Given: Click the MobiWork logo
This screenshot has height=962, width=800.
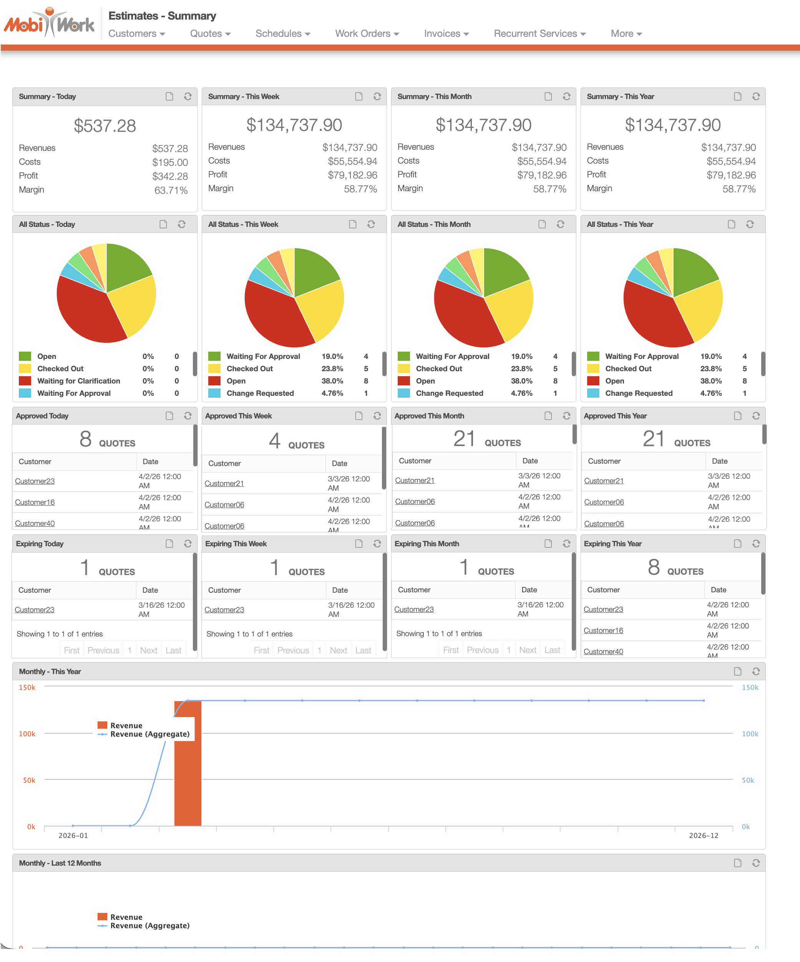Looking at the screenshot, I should click(x=49, y=23).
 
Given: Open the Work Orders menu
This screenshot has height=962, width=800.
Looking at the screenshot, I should click(x=366, y=33).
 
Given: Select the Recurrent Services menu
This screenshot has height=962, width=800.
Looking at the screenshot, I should click(x=539, y=33).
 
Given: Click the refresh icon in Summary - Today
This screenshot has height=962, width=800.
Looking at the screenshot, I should click(x=188, y=96).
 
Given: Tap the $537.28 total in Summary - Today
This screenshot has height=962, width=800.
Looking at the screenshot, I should click(x=105, y=126).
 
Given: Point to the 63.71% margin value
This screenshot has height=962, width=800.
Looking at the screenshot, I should click(x=171, y=190).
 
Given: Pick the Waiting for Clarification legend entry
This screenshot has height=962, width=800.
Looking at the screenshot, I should click(x=78, y=381).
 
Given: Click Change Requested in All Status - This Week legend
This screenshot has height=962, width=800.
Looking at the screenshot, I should click(x=260, y=393).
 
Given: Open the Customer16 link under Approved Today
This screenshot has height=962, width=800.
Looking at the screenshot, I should click(x=35, y=502).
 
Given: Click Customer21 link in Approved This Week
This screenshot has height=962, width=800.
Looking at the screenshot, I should click(x=224, y=483).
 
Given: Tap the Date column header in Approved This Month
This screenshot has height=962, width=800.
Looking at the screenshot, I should click(x=530, y=461).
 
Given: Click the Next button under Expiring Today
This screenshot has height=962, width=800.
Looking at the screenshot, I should click(x=149, y=650).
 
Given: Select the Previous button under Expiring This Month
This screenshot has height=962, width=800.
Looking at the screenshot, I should click(x=482, y=650).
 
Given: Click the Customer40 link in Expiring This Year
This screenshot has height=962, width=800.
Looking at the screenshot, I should click(x=603, y=651).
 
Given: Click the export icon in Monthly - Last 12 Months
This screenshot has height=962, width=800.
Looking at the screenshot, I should click(x=737, y=863).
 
